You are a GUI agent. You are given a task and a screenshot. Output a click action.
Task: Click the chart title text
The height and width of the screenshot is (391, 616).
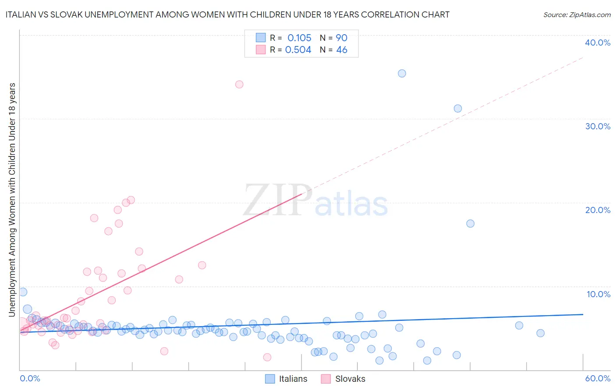tap(227, 14)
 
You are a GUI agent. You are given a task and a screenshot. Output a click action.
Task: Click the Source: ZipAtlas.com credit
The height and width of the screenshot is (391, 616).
tap(577, 14)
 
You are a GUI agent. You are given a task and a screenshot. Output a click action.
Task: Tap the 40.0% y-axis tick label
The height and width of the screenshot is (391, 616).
tap(598, 43)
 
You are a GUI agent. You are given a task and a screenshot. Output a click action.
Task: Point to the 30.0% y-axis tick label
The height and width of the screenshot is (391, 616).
tap(598, 126)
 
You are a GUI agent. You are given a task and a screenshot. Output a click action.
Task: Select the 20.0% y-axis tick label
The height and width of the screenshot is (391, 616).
tap(598, 210)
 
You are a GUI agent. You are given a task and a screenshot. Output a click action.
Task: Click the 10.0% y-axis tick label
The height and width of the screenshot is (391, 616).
tap(598, 294)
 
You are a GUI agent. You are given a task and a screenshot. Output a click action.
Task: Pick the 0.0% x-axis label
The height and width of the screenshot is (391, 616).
tap(30, 378)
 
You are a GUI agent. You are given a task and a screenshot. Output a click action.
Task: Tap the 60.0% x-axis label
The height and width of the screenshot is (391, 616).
tap(598, 378)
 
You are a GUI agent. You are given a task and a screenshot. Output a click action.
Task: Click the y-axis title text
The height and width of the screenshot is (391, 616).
tap(12, 199)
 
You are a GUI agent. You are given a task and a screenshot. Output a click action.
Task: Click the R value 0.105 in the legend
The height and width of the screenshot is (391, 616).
tap(299, 38)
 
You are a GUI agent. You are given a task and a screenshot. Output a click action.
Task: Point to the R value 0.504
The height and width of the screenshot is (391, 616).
tap(298, 50)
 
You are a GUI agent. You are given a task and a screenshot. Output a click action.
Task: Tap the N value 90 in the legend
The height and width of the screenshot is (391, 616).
tap(341, 38)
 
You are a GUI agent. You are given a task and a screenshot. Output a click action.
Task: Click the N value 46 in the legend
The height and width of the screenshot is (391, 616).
tap(341, 50)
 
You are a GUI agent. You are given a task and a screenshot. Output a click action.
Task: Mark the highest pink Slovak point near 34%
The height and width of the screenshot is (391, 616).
tap(239, 84)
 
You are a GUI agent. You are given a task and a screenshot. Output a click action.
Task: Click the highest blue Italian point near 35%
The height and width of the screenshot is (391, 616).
tap(402, 73)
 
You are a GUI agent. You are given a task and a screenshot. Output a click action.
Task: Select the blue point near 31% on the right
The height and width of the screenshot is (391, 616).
tap(458, 108)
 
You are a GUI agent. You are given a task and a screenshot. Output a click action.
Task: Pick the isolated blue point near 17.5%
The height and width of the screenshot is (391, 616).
tap(470, 224)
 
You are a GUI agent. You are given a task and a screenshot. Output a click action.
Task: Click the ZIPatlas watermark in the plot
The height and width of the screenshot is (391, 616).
tap(315, 200)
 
